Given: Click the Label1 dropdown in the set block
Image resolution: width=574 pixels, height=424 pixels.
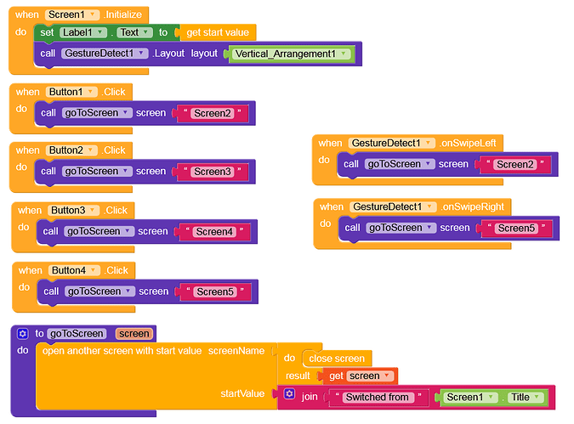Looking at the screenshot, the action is [x=83, y=32].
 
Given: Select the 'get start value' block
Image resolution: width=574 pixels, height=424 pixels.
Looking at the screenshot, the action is [x=218, y=32].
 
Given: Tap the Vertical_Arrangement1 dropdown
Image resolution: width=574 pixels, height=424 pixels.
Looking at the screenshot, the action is [x=289, y=54].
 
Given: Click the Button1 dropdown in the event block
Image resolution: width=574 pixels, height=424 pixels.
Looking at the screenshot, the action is [x=71, y=92].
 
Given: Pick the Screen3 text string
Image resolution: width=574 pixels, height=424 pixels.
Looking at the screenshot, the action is [x=213, y=172].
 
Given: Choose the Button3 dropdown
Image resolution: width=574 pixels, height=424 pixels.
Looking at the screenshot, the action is [x=73, y=211].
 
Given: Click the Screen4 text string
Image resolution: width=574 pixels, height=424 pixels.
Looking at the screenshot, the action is [x=214, y=232].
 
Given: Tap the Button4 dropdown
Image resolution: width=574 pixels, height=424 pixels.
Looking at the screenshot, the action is [x=74, y=270].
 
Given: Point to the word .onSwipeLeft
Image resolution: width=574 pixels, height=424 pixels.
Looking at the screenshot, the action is [x=468, y=143].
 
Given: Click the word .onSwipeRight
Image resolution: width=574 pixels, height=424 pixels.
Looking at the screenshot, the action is [x=472, y=206].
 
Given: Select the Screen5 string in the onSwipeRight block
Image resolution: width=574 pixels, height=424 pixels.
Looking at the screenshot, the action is [x=516, y=229].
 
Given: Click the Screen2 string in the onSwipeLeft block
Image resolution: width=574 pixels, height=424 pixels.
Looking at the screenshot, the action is [x=514, y=164].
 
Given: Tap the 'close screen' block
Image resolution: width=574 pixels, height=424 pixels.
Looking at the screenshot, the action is [x=337, y=359].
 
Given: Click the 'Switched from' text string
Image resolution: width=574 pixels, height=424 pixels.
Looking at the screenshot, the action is [x=378, y=397].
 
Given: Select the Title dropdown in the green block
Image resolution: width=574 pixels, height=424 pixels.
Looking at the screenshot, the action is [x=525, y=398].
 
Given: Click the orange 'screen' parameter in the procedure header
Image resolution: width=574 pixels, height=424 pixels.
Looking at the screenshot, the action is [x=134, y=334].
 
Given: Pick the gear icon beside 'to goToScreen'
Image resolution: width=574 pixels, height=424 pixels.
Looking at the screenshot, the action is [x=23, y=334].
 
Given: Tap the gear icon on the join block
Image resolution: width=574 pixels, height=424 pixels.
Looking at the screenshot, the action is [x=290, y=393].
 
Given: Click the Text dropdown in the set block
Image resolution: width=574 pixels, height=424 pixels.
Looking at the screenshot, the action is [x=134, y=32].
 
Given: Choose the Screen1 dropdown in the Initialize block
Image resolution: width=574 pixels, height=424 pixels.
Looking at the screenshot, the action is [x=72, y=14].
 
